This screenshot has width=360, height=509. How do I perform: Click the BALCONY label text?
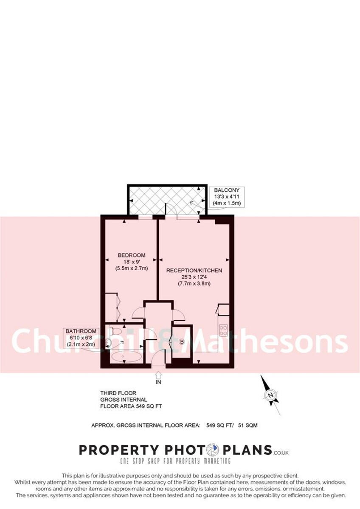pyautogui.click(x=227, y=190)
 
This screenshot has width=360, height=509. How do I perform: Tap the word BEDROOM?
pyautogui.click(x=132, y=255)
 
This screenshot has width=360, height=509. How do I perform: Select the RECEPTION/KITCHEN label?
pyautogui.click(x=194, y=271)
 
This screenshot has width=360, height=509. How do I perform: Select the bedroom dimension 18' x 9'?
pyautogui.click(x=132, y=262)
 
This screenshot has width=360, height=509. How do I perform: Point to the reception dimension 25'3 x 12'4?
pyautogui.click(x=194, y=277)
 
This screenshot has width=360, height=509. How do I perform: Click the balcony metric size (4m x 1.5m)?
pyautogui.click(x=227, y=203)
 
